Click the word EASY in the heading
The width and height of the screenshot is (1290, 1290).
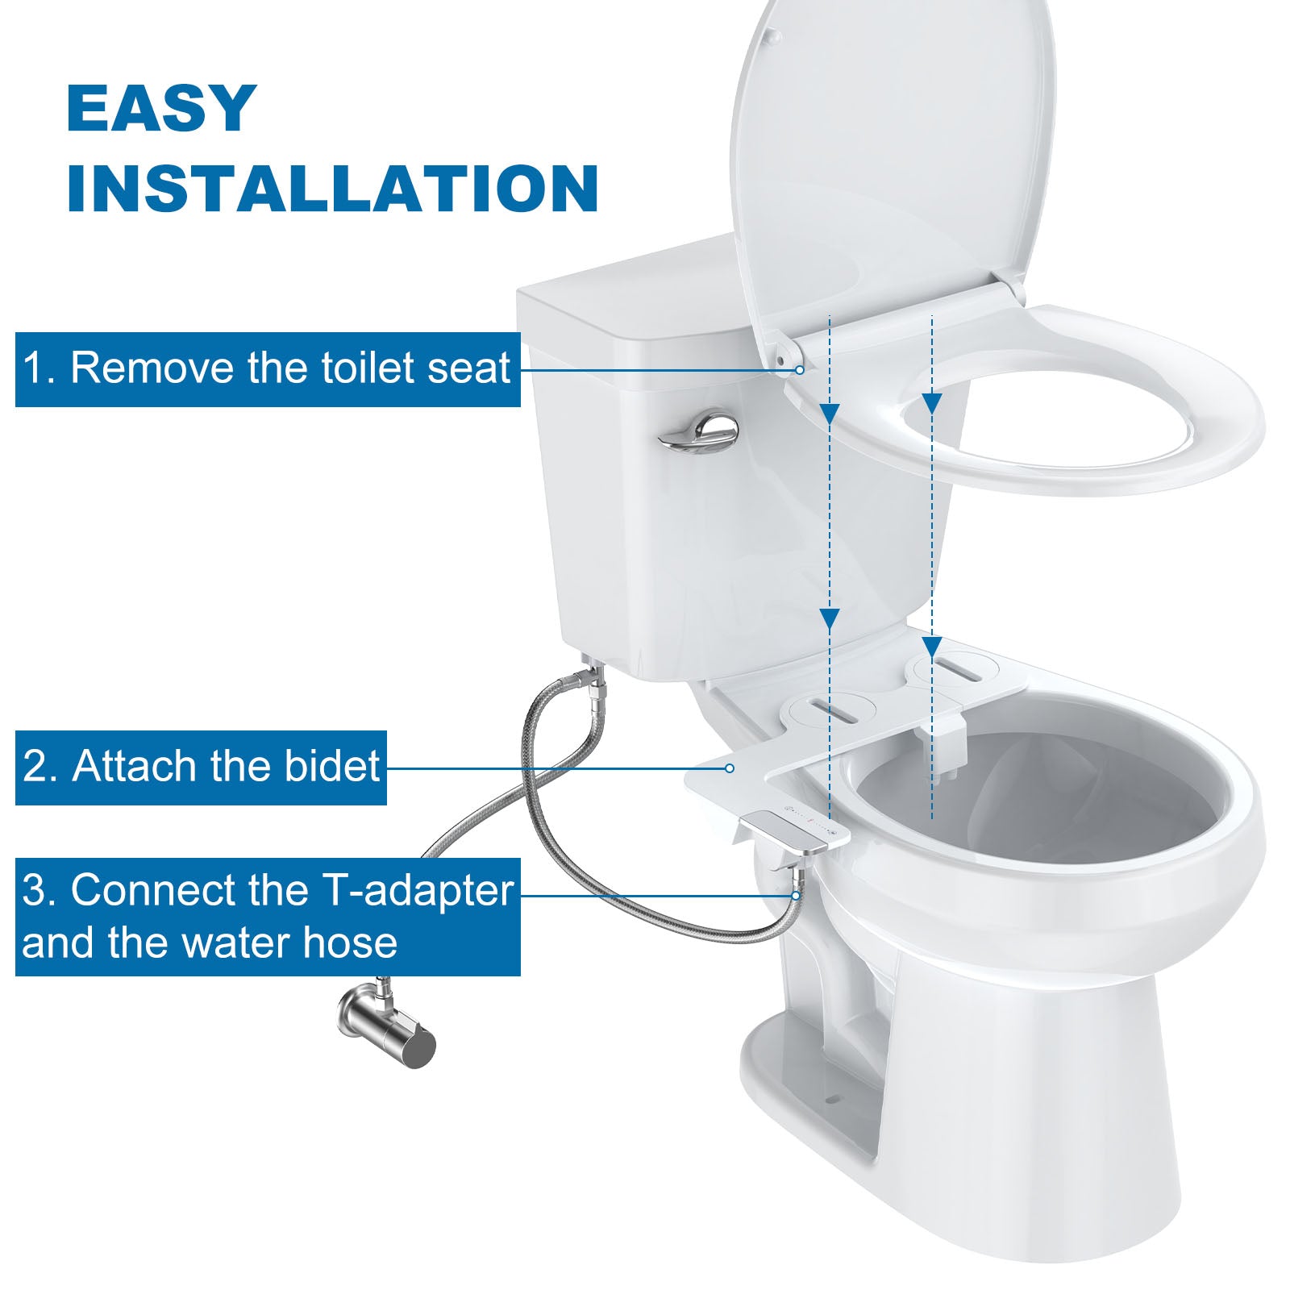[x=162, y=108]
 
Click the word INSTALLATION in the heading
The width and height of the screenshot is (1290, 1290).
[x=332, y=189]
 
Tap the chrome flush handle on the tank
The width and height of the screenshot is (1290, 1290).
[x=698, y=433]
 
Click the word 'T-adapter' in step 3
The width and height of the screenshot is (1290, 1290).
[x=418, y=892]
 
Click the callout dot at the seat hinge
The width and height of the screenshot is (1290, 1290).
[x=799, y=370]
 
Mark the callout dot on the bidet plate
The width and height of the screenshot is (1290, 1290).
[x=730, y=768]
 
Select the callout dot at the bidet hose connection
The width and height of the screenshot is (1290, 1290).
[x=796, y=895]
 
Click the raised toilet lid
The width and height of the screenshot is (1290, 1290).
[x=891, y=161]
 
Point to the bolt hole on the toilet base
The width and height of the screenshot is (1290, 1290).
[x=834, y=1098]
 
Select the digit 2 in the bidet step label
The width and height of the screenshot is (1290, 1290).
[x=35, y=768]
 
